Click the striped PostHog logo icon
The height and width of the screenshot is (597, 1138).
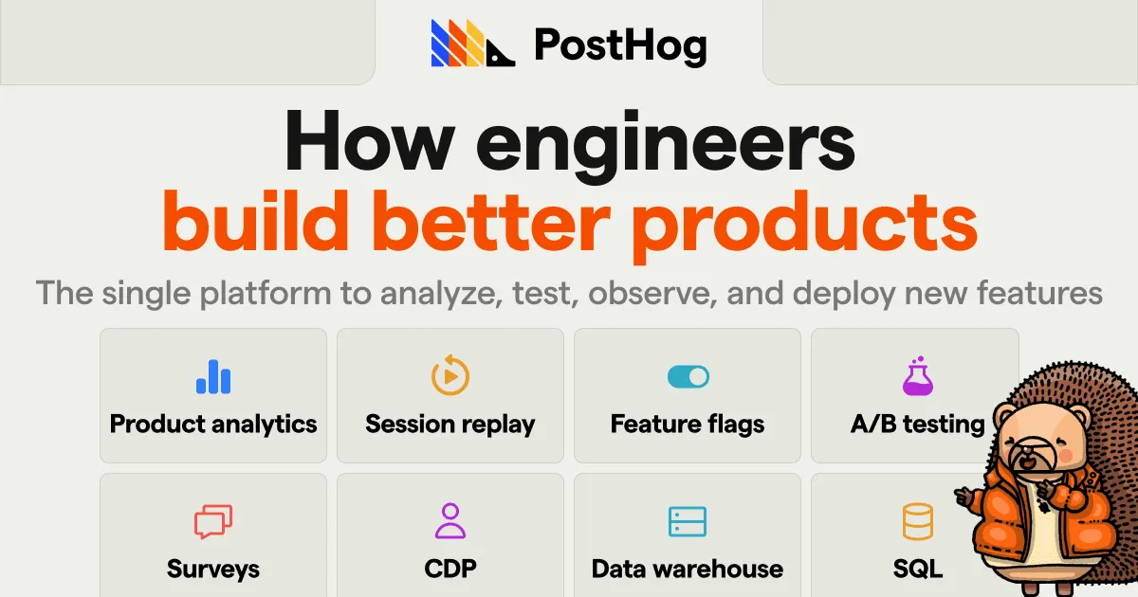[x=472, y=44]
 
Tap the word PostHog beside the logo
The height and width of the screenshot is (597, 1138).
[x=620, y=45]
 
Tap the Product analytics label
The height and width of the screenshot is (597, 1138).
[x=213, y=424]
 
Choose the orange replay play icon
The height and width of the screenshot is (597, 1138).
[x=450, y=376]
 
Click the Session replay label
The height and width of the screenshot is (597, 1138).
[x=450, y=424]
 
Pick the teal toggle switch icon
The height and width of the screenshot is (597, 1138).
[x=688, y=377]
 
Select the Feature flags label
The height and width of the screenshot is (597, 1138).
[x=688, y=424]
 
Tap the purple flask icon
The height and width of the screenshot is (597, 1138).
[x=917, y=376]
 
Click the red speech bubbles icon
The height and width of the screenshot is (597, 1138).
[x=213, y=522]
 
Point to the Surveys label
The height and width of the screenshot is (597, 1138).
[x=213, y=569]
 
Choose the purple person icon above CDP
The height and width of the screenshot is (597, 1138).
[x=450, y=521]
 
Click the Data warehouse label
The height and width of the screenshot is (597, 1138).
[x=688, y=569]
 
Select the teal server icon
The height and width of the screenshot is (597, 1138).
[x=688, y=522]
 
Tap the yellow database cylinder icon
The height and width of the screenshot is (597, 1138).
[x=917, y=521]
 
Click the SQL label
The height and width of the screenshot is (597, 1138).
[x=917, y=569]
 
